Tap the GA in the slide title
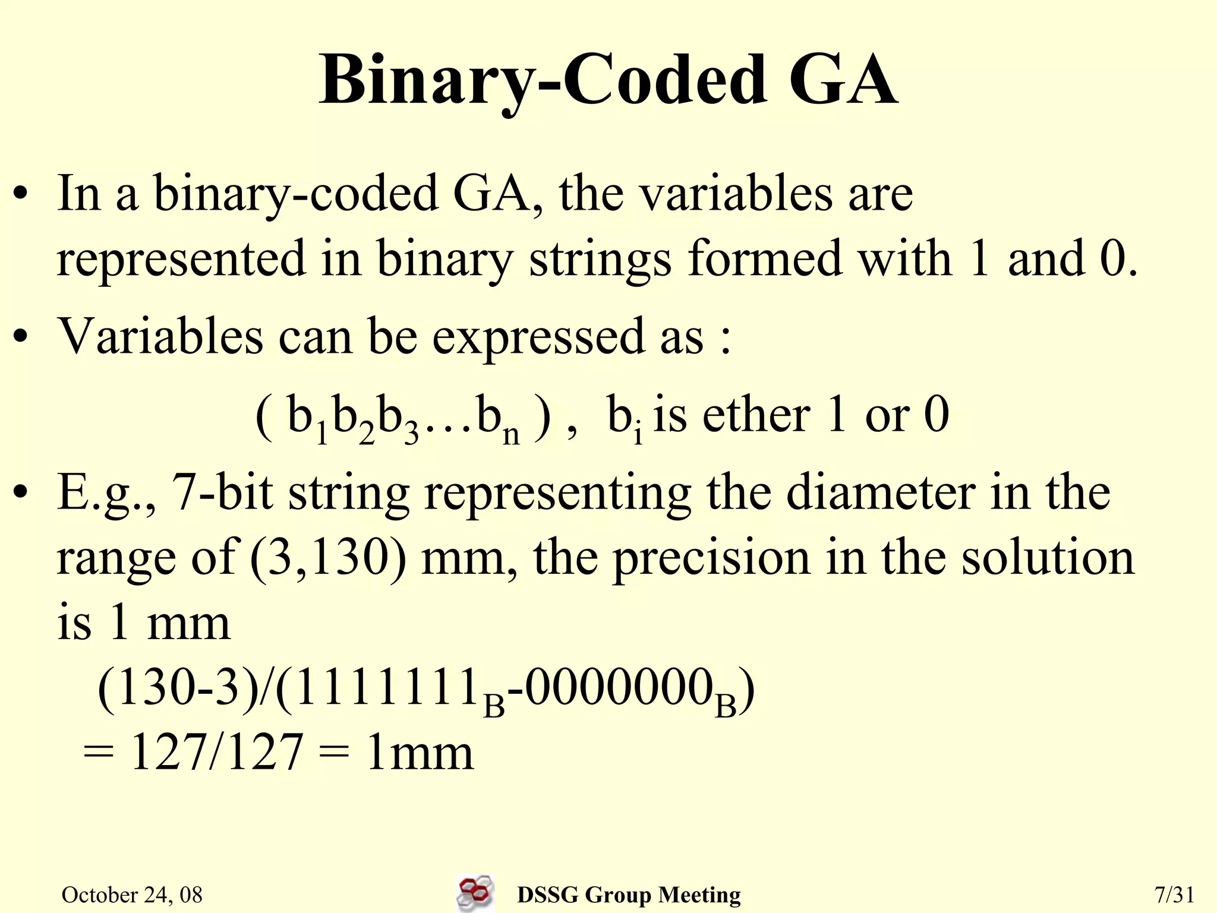(x=843, y=80)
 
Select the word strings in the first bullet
(x=600, y=260)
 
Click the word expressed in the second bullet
(x=538, y=337)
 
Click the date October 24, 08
(x=132, y=895)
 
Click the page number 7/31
(x=1174, y=895)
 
